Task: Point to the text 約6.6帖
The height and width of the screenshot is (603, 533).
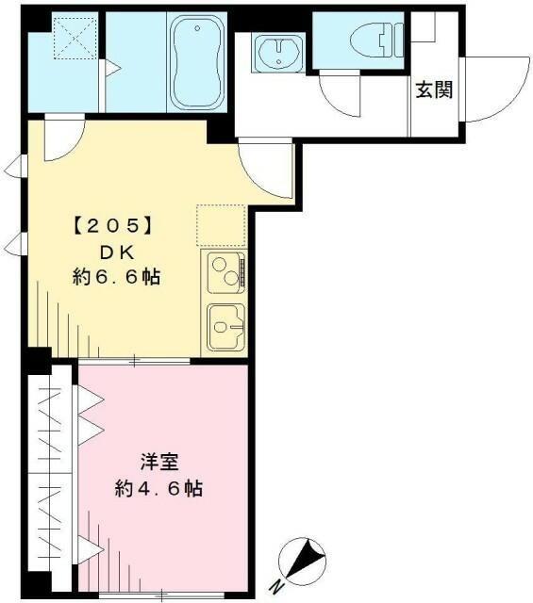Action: [x=115, y=277]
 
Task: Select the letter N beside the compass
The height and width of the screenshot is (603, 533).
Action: [x=278, y=586]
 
